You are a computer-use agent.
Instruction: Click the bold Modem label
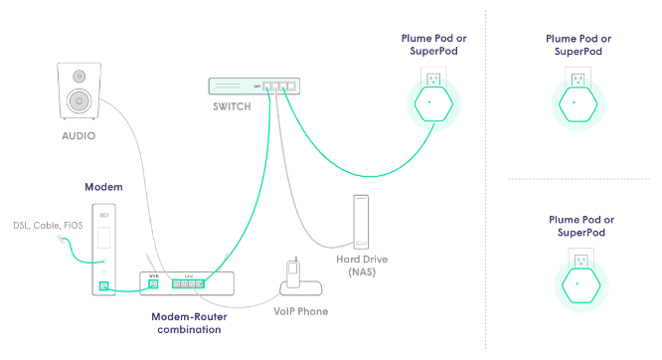pos(103,187)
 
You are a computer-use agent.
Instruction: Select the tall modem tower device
pos(104,250)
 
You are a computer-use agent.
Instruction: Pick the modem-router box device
pos(188,284)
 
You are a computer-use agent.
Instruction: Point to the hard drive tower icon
pos(360,222)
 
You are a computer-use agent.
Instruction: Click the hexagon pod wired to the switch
pos(429,103)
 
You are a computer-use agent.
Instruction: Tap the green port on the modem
pos(104,288)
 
